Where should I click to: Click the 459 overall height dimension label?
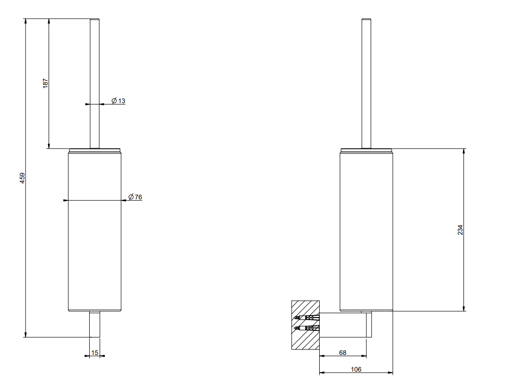[x=22, y=178]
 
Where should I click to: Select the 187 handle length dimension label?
[x=46, y=83]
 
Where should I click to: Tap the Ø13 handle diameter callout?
[x=118, y=101]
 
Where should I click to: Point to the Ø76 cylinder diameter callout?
[x=135, y=197]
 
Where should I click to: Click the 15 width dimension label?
[x=95, y=352]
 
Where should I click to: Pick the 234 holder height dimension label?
[x=460, y=230]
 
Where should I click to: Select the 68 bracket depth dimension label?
[x=343, y=352]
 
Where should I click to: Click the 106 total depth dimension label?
[x=356, y=369]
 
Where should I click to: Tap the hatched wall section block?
[x=306, y=325]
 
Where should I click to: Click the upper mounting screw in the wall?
[x=306, y=318]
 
